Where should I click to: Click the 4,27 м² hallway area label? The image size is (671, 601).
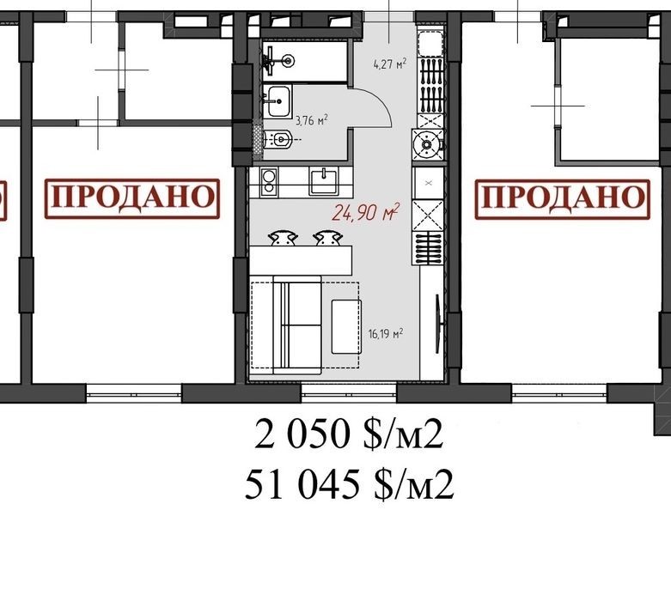click(389, 64)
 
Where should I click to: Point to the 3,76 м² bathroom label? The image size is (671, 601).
click(312, 120)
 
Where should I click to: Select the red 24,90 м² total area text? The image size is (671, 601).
click(366, 212)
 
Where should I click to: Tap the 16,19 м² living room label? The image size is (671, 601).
click(386, 333)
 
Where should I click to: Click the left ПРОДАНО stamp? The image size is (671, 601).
click(132, 198)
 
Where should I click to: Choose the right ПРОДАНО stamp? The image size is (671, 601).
click(562, 199)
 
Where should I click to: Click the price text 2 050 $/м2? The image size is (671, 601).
click(348, 435)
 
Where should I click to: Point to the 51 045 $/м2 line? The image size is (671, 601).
click(349, 484)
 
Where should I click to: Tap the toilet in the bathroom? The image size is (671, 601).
click(278, 139)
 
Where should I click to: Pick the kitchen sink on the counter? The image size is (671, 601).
click(324, 181)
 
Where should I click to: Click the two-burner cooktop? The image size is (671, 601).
click(269, 182)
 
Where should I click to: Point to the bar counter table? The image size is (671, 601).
click(301, 260)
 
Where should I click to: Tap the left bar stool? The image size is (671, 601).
click(282, 238)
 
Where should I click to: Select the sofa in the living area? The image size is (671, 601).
click(297, 325)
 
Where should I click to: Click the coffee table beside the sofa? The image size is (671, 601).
click(346, 327)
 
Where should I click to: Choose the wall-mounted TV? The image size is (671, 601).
click(438, 324)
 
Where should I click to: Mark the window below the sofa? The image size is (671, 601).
click(349, 393)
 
